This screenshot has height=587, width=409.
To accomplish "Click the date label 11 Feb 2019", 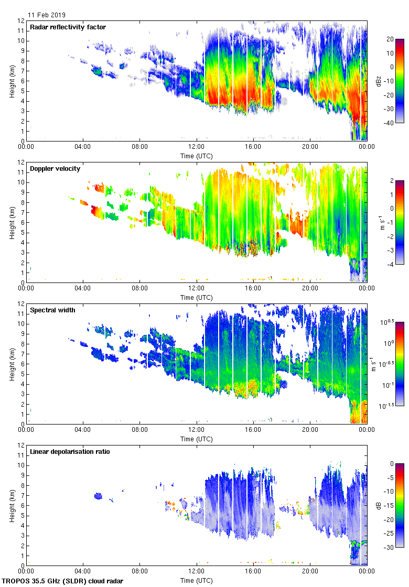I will point(47,15).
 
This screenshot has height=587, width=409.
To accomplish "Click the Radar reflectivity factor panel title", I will point(68,27).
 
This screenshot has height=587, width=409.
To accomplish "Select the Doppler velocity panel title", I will point(55,168).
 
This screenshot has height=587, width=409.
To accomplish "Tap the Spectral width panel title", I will point(52,310).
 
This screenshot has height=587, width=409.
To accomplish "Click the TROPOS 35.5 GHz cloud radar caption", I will point(62,581).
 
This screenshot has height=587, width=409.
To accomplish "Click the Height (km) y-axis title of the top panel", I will point(12,81).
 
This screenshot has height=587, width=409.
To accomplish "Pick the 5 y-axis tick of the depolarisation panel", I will point(21,516).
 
